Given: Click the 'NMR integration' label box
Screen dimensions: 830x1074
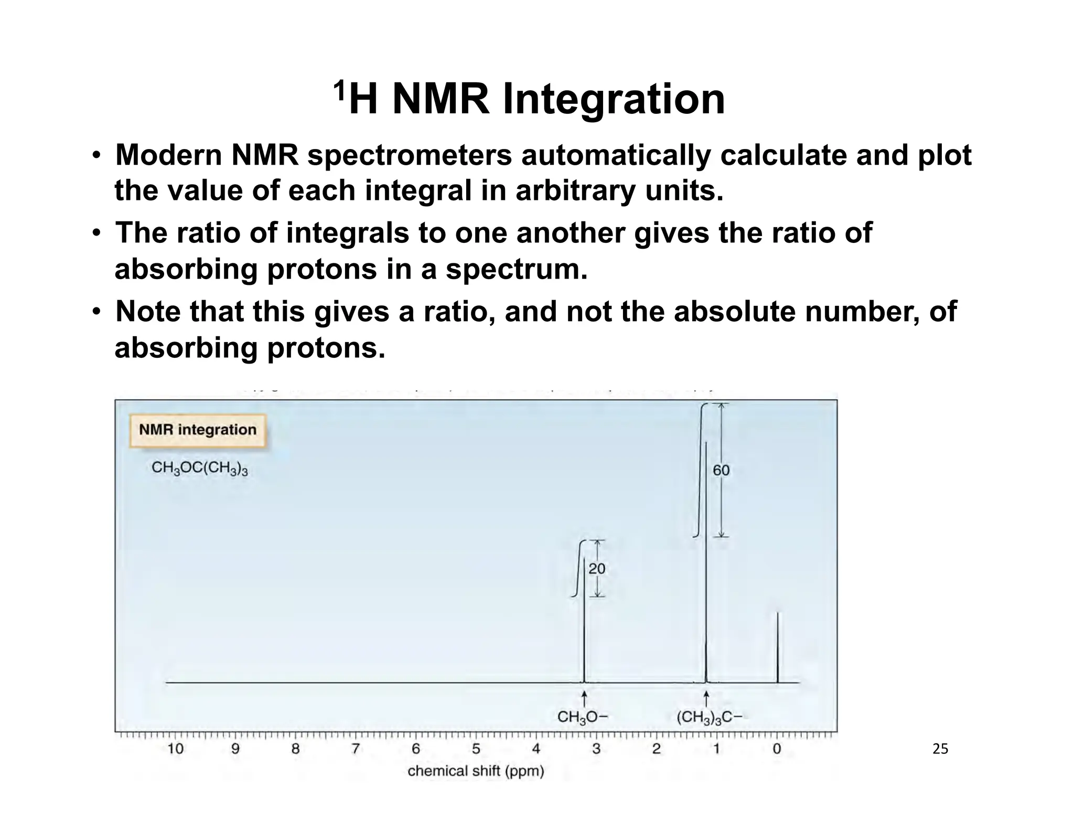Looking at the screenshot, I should [x=198, y=430].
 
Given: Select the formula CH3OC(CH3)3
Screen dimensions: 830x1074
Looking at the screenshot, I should [x=199, y=468].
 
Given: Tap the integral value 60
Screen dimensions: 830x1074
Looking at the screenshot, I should [x=721, y=471].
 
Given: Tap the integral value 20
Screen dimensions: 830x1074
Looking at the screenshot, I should [x=597, y=569].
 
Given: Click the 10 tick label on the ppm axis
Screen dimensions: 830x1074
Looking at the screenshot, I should [x=175, y=749].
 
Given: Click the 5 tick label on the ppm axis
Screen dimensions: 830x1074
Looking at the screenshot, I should [x=476, y=749].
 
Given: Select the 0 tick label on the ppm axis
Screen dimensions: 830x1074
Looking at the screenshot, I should [x=777, y=749].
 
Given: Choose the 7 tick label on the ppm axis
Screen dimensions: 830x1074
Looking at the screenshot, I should [x=356, y=749].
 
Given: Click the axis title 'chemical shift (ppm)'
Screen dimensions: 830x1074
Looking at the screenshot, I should [x=476, y=771].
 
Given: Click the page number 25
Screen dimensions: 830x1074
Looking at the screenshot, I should [x=940, y=749].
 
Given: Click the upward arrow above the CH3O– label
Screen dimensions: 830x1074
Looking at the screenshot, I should [x=584, y=699].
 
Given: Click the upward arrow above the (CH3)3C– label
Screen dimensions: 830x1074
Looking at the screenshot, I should [x=706, y=699].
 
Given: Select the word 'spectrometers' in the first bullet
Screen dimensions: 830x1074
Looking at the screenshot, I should [x=409, y=156].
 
